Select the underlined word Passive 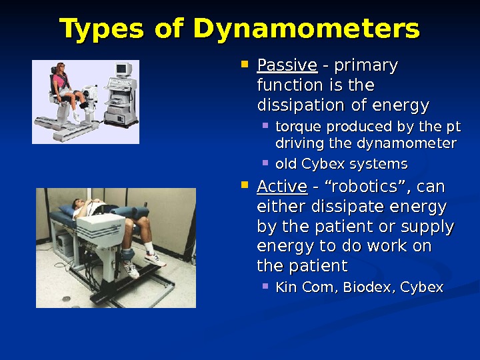(287, 66)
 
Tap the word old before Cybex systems (286, 164)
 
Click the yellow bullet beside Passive (244, 65)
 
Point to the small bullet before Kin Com (265, 286)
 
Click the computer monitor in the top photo (122, 70)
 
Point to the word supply (425, 226)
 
